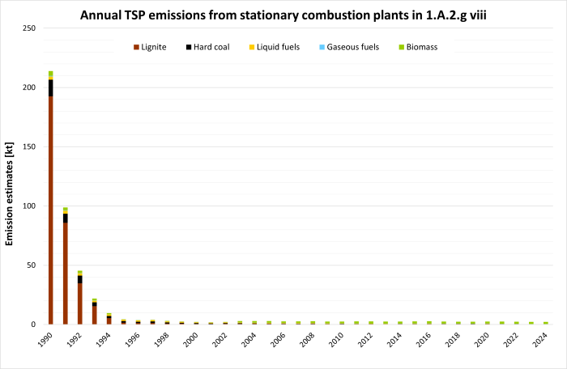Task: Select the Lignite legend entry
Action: (150, 47)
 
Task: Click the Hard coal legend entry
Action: (212, 47)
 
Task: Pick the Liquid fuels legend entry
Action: (277, 47)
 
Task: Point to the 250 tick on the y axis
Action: (29, 28)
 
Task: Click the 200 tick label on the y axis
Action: (29, 87)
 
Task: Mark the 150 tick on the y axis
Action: (29, 146)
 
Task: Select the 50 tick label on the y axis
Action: (32, 265)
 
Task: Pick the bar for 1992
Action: (79, 299)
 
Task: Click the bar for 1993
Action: (94, 312)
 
